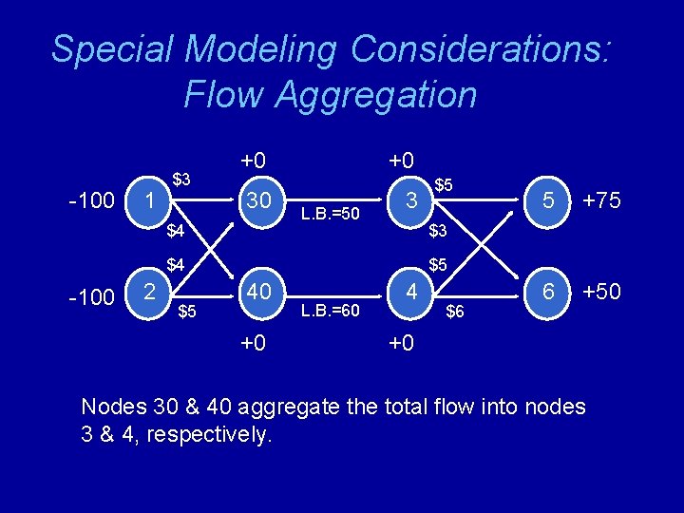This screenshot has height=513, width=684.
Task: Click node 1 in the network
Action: coord(148,200)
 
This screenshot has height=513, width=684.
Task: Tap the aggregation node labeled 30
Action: coord(258,200)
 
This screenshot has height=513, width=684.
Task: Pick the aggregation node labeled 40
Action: coord(258,292)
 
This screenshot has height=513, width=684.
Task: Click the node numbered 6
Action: coord(548,292)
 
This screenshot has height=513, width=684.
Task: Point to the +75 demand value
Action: coord(601,200)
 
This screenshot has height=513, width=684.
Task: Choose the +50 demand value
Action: coord(601,292)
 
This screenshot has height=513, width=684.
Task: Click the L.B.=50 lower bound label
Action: coord(330,214)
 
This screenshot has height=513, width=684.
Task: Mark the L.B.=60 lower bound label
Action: coord(330,309)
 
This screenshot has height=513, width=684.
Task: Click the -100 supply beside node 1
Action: coord(91,201)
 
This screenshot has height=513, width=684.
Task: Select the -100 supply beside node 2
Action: coord(91,297)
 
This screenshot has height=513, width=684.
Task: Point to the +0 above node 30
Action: coord(253,160)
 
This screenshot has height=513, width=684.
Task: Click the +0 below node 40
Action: coord(253,343)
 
